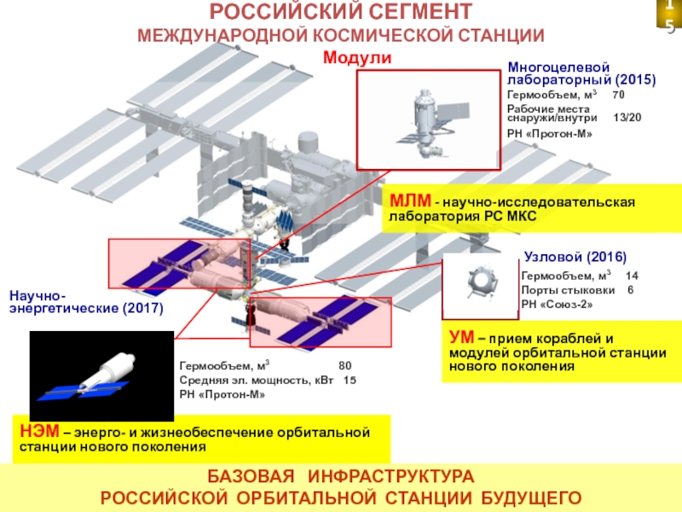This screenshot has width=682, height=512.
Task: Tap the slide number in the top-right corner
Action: [669, 17]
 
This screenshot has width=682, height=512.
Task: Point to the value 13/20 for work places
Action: [628, 117]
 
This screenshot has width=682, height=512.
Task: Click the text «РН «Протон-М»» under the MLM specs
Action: [549, 135]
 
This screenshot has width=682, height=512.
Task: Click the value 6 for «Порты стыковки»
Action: [630, 289]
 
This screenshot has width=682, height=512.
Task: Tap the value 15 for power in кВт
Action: [350, 380]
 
